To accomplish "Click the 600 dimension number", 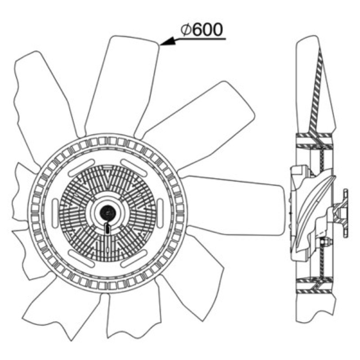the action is (x=207, y=29).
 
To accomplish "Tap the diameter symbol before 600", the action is (x=186, y=30).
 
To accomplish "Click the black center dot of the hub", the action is (x=108, y=213).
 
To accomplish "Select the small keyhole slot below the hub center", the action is (x=108, y=229).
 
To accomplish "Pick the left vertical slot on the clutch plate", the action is (x=55, y=213).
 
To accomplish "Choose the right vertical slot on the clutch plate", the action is (x=160, y=213).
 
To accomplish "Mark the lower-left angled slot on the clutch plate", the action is (x=82, y=259).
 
